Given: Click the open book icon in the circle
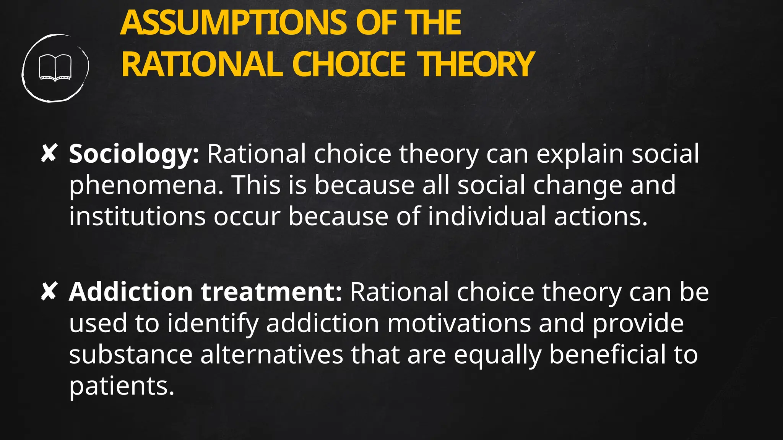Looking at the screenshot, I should [x=55, y=68].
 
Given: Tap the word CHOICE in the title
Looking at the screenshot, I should [x=348, y=64].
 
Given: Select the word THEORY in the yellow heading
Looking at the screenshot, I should [x=476, y=64].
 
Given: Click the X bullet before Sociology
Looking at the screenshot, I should [x=49, y=153].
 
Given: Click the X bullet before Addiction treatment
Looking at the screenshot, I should [x=49, y=291].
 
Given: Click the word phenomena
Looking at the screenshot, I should [x=146, y=186].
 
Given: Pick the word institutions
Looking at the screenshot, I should [x=137, y=216].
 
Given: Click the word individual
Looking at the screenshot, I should [x=487, y=216].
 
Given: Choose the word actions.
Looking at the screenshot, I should [x=601, y=216].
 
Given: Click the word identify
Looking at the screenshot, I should [x=213, y=324].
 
